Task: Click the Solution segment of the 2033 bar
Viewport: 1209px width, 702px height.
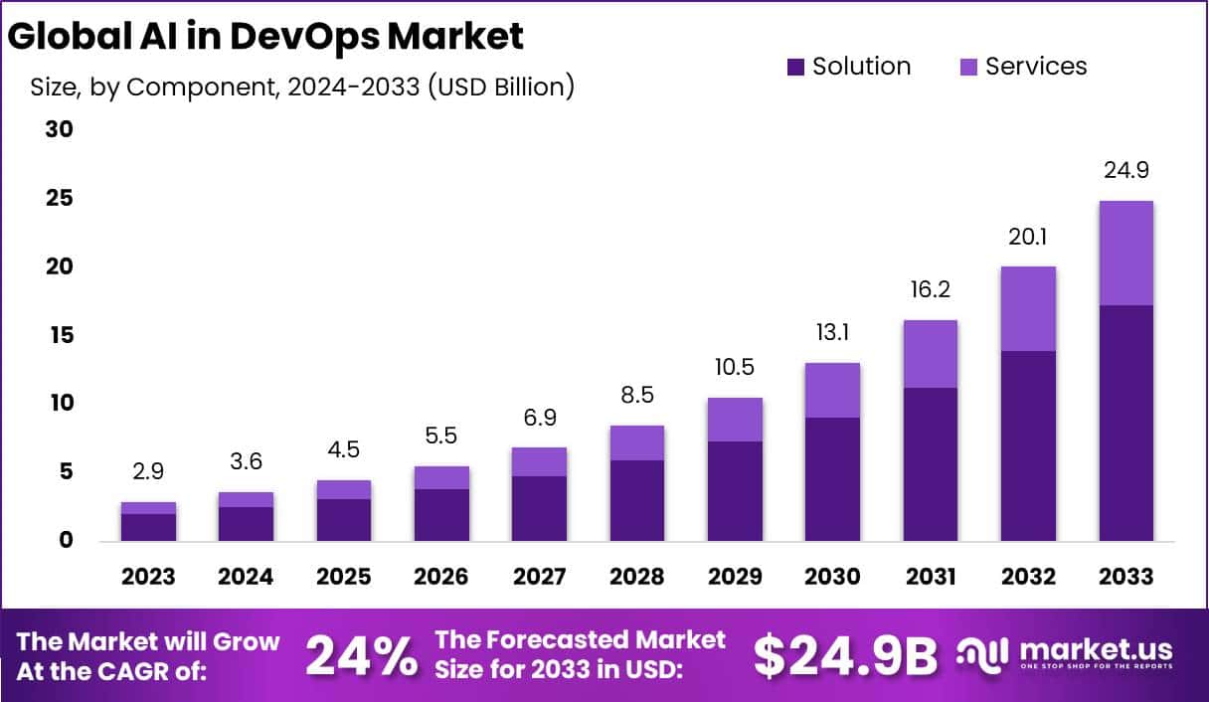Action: (1125, 423)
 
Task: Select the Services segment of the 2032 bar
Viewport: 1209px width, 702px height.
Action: (1028, 308)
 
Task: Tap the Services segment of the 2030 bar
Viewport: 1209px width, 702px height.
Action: (832, 390)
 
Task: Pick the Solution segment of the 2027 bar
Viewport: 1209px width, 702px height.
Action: (539, 508)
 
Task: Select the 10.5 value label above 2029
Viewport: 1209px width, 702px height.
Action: (734, 367)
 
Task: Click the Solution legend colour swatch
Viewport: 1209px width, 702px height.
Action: (795, 68)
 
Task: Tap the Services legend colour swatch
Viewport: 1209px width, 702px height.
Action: (968, 68)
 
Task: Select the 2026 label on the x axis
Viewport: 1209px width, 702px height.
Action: (441, 577)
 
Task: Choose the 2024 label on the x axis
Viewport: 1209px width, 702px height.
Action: (246, 577)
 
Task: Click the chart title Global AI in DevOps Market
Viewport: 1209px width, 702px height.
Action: (265, 36)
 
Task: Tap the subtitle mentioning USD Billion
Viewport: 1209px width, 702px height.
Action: (300, 87)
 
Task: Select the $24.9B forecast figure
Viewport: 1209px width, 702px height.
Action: (845, 655)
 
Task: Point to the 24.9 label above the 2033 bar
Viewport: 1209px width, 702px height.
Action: (1125, 170)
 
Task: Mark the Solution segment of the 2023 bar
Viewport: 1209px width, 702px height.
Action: (148, 527)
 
